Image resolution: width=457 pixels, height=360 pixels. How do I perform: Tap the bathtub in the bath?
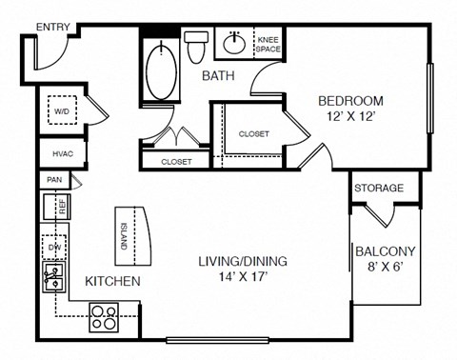[x=159, y=65]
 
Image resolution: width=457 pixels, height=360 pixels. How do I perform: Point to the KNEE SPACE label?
[x=267, y=42]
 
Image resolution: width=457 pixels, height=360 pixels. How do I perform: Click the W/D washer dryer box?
[x=61, y=111]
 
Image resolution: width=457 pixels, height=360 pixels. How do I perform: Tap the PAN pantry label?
[x=53, y=179]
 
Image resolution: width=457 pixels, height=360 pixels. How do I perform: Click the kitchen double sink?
[x=53, y=277]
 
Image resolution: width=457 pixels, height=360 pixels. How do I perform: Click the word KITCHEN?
[x=113, y=282]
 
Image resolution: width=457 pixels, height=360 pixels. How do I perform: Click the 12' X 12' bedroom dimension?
[x=350, y=117]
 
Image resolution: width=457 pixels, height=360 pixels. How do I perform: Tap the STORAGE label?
[x=379, y=188]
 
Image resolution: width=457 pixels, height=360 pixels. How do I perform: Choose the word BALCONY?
[x=387, y=251]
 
